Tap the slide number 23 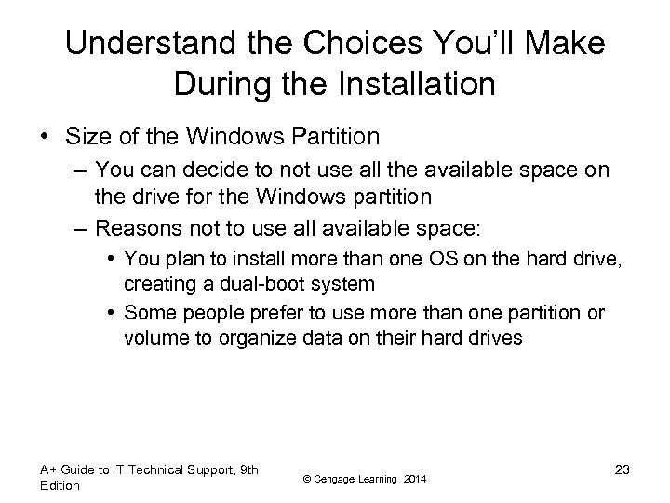tap(622, 469)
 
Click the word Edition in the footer tap(60, 485)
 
